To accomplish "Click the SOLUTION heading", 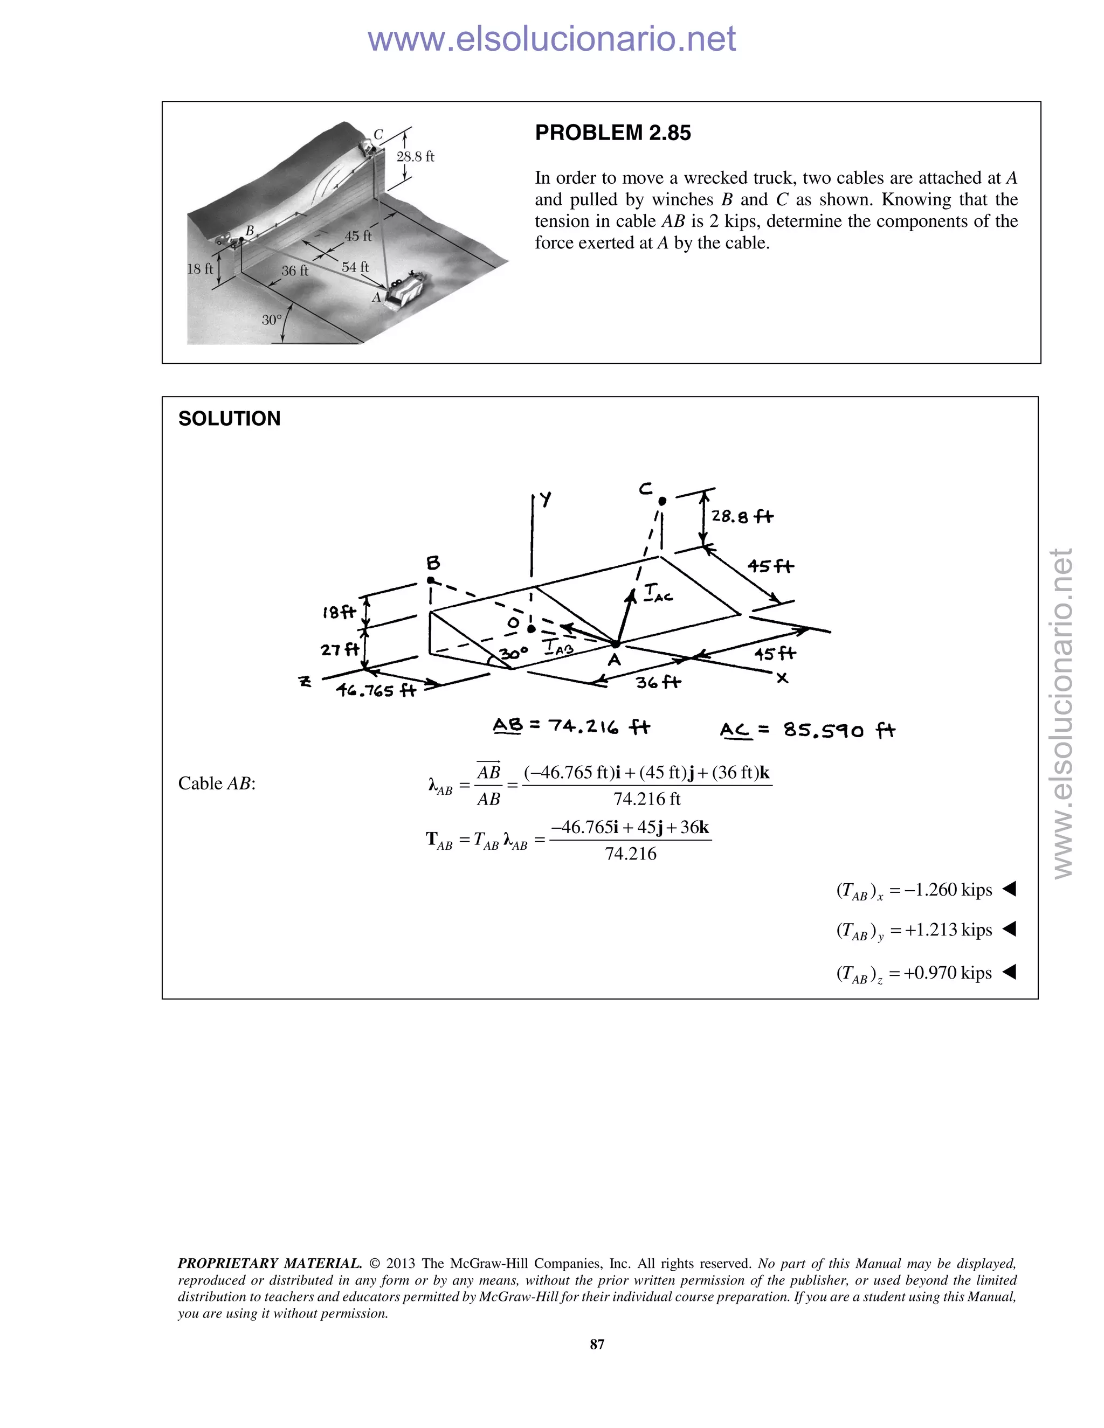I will [229, 419].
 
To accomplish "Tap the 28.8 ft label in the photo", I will [415, 157].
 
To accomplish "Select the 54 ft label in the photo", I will [355, 267].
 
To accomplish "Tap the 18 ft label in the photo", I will [200, 269].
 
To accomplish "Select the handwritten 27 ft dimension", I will [340, 649].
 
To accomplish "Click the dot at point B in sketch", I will [430, 580].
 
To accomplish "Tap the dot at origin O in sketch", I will [531, 629].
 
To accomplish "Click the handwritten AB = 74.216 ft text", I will [571, 726].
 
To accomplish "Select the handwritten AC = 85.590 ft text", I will [807, 730].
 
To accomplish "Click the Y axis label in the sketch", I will [546, 500].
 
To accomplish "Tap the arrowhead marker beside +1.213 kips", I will [1009, 929].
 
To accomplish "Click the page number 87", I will [597, 1343].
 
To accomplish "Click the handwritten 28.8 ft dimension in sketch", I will [742, 517].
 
